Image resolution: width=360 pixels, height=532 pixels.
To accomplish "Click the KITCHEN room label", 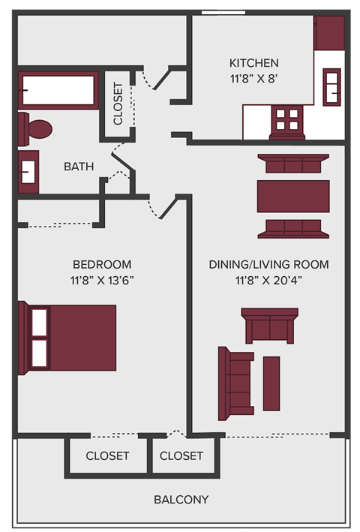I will click(x=253, y=63).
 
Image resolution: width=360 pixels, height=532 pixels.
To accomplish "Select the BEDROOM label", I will click(x=102, y=264).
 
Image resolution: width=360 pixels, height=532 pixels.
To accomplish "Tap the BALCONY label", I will click(x=181, y=499).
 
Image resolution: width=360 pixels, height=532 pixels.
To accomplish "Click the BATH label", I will click(x=79, y=166).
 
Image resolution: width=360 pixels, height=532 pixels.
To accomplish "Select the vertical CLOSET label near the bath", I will click(x=118, y=104).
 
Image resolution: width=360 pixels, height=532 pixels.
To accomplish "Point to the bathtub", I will click(x=58, y=91).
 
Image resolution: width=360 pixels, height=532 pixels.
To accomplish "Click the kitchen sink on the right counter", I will click(x=331, y=87).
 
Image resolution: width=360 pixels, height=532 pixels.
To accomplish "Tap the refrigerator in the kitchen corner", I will click(x=328, y=33).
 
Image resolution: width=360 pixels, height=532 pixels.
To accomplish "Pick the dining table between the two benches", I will click(x=292, y=196).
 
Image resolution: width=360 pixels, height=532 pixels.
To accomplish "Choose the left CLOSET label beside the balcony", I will click(x=107, y=455).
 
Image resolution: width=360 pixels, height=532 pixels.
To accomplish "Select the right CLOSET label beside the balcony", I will click(x=181, y=455).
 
